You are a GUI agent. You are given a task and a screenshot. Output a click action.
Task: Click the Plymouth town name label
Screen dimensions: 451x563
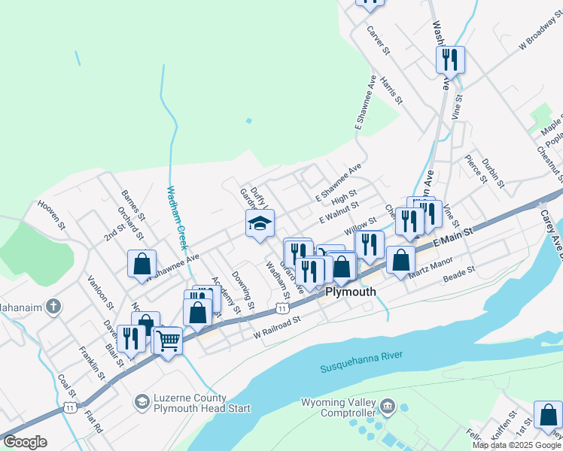(x=350, y=292)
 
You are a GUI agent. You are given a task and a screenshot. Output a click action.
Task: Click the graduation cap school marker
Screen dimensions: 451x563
(x=260, y=224)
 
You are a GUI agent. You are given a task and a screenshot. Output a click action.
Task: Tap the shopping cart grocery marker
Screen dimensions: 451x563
(x=168, y=340)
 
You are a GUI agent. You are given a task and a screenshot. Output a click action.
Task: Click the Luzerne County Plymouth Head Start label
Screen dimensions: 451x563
(x=190, y=403)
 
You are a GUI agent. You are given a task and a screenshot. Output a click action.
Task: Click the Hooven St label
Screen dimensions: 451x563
(x=53, y=213)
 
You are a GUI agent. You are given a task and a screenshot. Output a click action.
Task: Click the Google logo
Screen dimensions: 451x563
(x=25, y=442)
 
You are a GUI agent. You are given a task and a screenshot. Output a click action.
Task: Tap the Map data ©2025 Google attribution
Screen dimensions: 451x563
(x=516, y=445)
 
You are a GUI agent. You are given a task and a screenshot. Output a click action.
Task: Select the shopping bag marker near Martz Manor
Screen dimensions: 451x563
(x=400, y=259)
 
